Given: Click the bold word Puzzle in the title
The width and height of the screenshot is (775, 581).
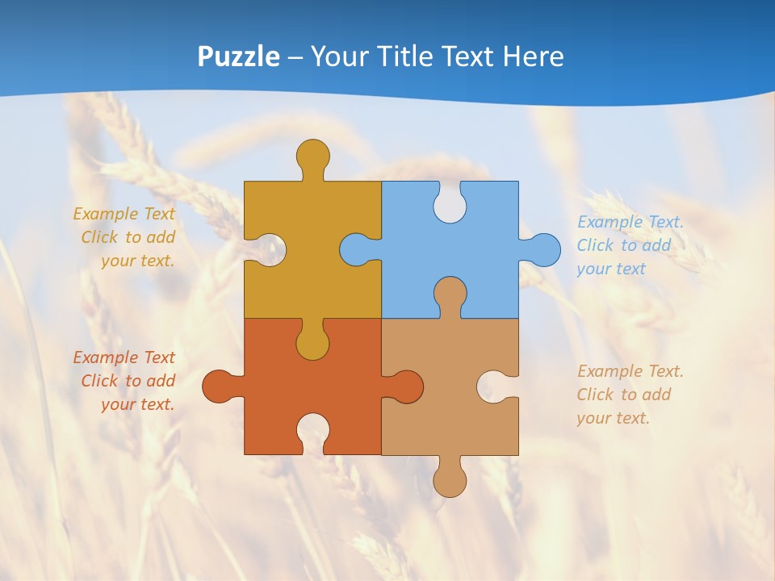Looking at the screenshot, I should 239,56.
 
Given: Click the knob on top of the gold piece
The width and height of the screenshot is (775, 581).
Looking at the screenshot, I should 312,156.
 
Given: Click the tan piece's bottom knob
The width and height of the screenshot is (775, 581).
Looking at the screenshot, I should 450,481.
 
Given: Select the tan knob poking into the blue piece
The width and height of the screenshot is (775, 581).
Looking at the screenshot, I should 450,294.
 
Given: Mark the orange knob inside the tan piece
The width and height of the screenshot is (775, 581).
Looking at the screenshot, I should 407,387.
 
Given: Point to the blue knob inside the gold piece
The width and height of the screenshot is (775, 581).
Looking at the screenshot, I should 355,249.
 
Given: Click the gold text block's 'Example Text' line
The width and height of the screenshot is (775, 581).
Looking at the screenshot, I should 124,214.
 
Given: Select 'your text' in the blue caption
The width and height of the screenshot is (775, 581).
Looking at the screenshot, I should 611,269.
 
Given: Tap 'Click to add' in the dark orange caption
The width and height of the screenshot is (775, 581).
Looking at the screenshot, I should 128,381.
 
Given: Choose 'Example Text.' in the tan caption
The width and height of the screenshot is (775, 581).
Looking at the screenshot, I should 630,371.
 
